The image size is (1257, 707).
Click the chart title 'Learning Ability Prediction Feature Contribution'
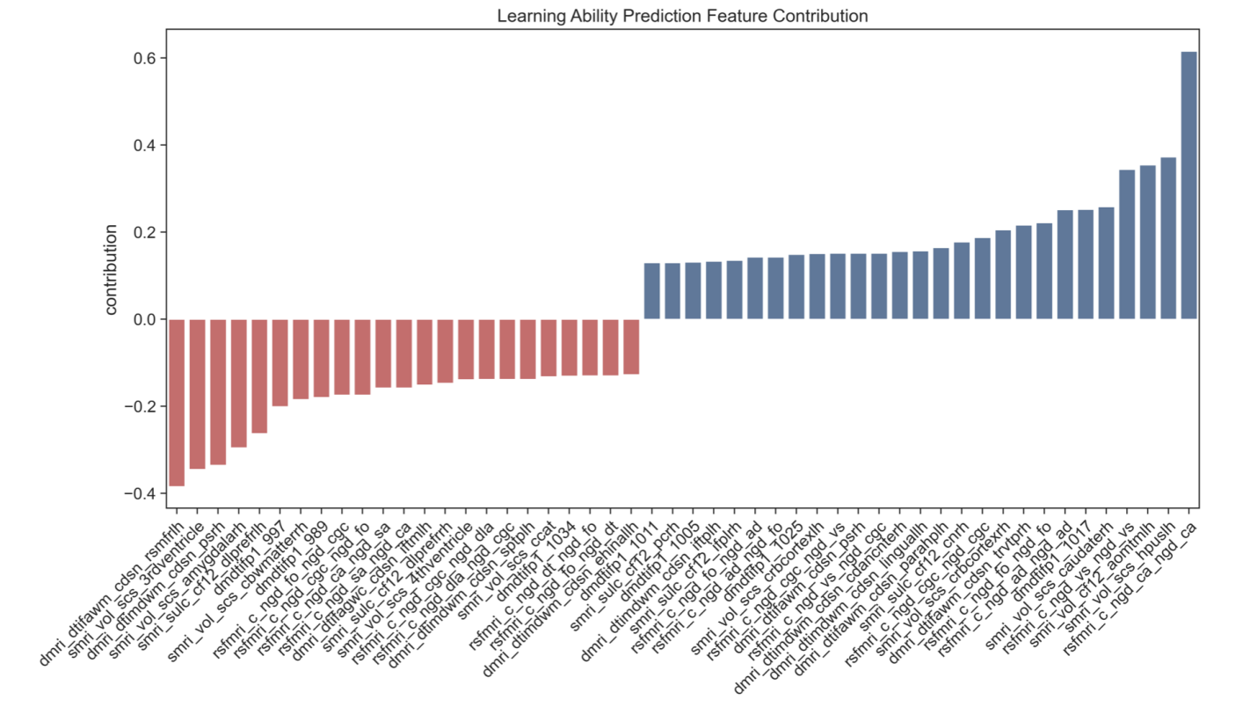click(682, 16)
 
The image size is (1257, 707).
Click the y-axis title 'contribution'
click(112, 269)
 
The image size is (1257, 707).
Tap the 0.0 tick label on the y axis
click(144, 319)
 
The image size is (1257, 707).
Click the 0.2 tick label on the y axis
click(144, 232)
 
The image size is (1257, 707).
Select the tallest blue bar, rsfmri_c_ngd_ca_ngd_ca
click(1188, 186)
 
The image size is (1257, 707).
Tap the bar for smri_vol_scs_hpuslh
click(1168, 238)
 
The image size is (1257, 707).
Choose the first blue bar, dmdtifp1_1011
click(651, 291)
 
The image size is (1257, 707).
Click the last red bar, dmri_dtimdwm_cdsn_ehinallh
click(631, 346)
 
